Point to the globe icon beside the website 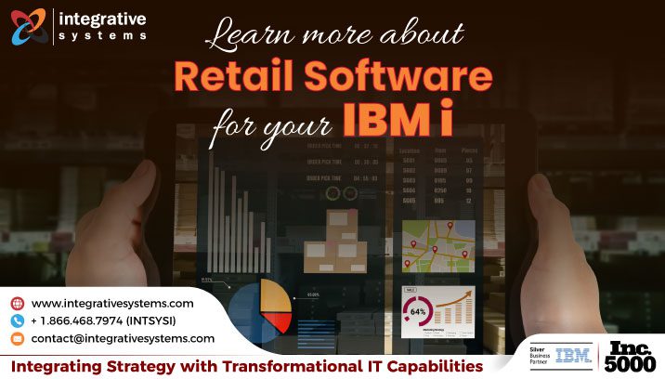17,303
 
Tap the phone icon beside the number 17,320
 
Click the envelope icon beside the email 17,338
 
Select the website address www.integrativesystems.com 112,303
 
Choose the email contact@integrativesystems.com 123,338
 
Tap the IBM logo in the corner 573,354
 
